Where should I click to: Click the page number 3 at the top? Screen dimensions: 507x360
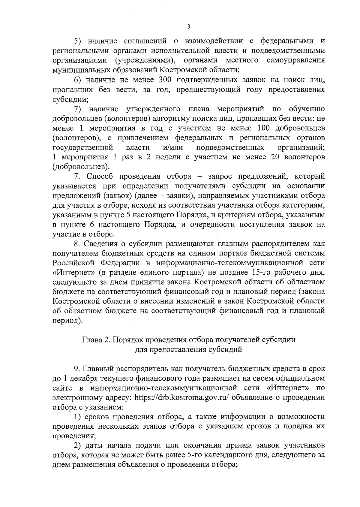(188, 27)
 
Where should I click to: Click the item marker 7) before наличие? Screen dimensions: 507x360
(78, 109)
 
